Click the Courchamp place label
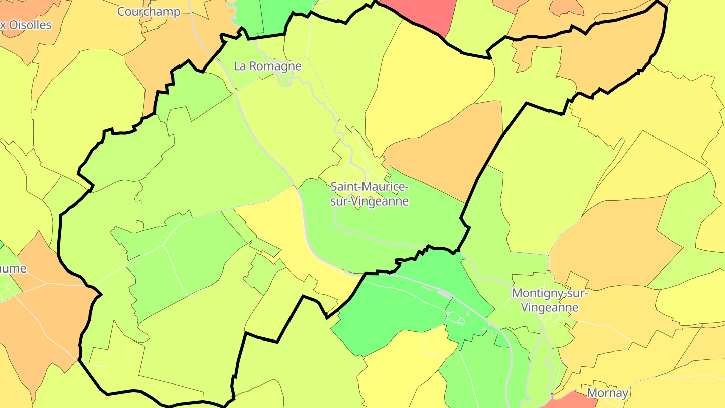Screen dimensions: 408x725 coord(149,12)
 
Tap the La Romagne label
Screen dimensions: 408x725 coord(267,66)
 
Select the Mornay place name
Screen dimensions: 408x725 coord(608,393)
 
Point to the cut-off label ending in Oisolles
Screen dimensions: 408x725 coord(26,25)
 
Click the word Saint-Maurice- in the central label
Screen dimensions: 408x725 coord(370,187)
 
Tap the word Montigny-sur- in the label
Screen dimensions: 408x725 coord(549,293)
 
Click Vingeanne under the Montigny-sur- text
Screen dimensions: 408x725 coord(549,307)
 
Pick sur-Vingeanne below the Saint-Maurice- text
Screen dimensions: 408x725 coord(370,201)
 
